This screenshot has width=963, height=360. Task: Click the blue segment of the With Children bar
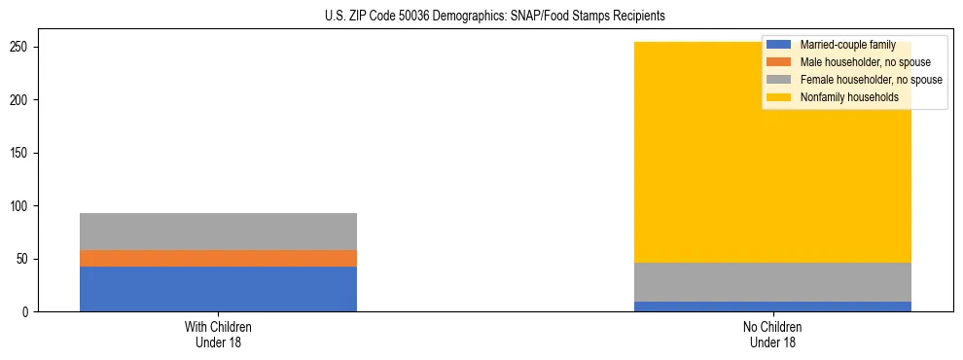coord(218,289)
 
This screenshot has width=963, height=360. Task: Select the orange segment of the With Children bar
coord(218,258)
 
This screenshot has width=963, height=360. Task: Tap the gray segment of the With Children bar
coord(218,232)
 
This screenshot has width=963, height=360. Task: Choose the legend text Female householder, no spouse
coord(871,80)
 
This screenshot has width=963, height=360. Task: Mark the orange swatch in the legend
coord(779,62)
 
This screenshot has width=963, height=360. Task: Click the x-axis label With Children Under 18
coord(218,334)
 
